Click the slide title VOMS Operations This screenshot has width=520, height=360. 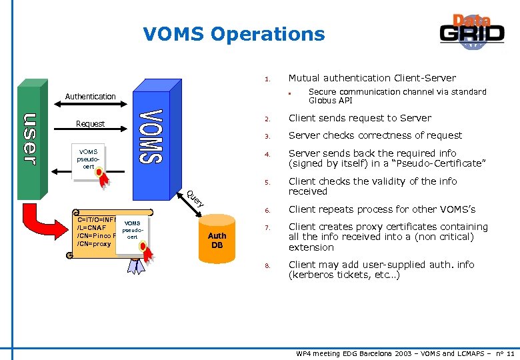point(234,34)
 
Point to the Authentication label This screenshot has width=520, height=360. point(90,97)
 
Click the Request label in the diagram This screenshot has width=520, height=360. point(90,124)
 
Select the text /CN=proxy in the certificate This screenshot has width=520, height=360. point(94,244)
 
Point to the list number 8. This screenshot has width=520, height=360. point(266,266)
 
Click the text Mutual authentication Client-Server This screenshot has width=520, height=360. point(372,78)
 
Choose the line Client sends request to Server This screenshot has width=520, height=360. point(359,118)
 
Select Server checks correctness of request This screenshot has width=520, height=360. point(375,135)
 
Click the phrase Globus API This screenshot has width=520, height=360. point(330,101)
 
